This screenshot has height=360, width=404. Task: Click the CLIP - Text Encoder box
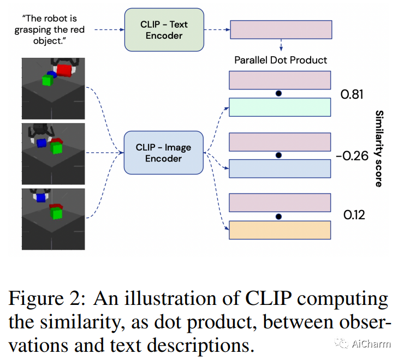pos(164,30)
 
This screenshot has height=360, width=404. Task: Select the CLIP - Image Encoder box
pos(164,153)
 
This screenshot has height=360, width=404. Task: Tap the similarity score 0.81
pos(352,94)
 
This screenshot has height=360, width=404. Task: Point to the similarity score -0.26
pos(352,156)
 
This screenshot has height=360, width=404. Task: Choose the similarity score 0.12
pos(354,215)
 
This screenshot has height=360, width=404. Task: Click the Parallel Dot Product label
pos(281,60)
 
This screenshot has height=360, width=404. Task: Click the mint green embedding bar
pos(280,107)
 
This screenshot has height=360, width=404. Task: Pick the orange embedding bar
pos(280,230)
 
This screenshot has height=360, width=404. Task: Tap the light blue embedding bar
pos(280,169)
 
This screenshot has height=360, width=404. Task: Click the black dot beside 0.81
pos(278,93)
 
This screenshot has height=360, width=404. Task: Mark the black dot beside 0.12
pos(278,217)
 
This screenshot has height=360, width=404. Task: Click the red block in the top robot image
pos(64,70)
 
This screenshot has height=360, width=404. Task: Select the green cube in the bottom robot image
pos(56,213)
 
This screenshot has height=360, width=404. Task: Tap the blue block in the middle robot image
pos(41,143)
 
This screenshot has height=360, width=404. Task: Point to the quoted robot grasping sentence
pos(50,29)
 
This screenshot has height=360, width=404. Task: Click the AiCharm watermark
pos(363,344)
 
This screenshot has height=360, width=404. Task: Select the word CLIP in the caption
pos(268,298)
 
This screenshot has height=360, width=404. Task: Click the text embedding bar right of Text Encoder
pos(281,29)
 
